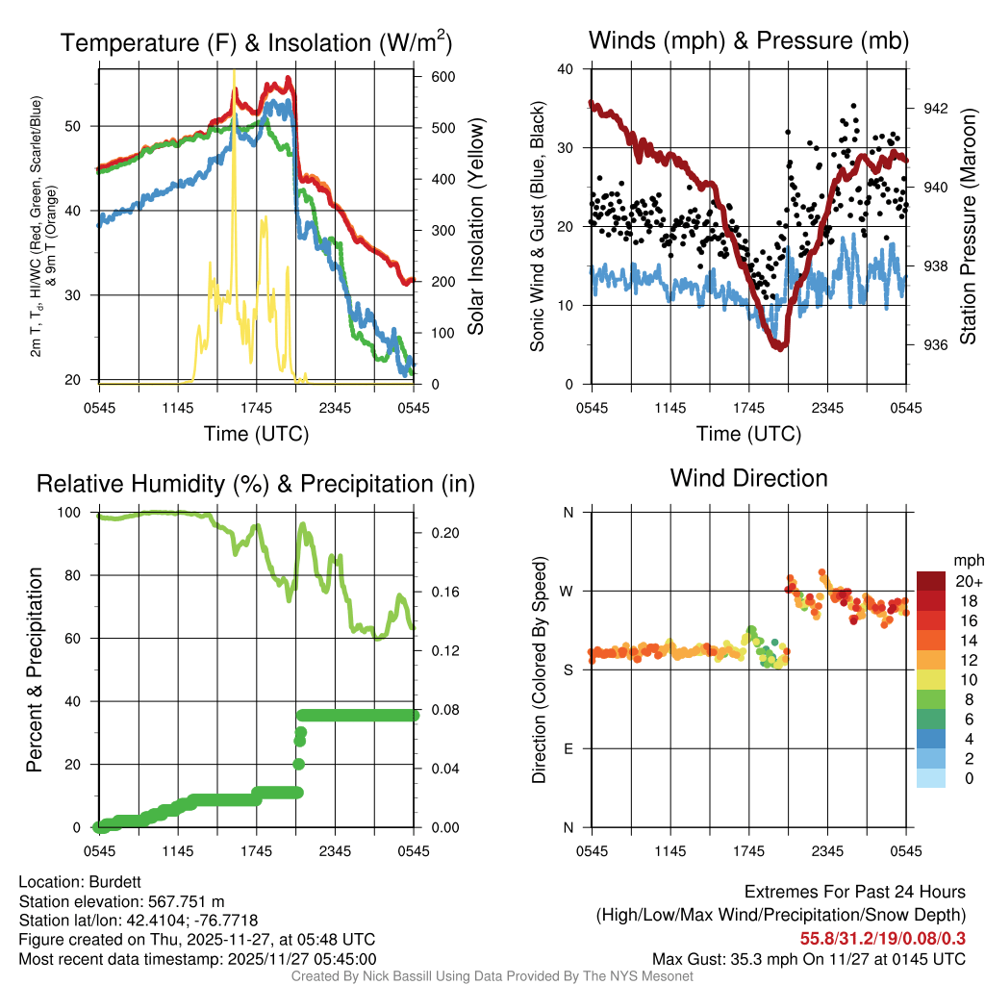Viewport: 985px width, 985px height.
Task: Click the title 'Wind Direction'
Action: [748, 478]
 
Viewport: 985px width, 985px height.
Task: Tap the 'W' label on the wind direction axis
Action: [568, 591]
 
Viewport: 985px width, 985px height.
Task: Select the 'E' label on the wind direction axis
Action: [568, 748]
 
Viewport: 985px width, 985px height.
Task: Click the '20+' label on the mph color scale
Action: [969, 581]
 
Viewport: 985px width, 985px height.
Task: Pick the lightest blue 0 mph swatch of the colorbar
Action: [931, 779]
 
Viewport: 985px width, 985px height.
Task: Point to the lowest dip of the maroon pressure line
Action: [780, 346]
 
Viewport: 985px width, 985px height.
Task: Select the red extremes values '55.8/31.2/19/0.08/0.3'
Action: [883, 938]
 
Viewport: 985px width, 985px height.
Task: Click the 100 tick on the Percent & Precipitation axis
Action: [81, 513]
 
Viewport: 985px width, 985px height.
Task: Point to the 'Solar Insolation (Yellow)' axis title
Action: [475, 227]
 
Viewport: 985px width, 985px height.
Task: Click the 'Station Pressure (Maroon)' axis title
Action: [968, 227]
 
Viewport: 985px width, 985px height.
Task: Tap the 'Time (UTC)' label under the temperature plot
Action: [256, 434]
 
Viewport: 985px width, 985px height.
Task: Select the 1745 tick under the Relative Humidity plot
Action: [256, 850]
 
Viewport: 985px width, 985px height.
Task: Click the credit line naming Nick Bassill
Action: [492, 976]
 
